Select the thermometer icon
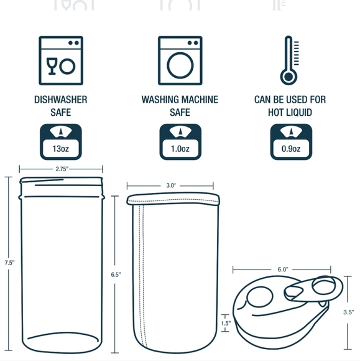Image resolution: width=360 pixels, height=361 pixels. pyautogui.click(x=288, y=60)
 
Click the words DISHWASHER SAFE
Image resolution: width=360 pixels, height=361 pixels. pyautogui.click(x=60, y=106)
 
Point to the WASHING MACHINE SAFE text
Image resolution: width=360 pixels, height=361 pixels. pyautogui.click(x=180, y=106)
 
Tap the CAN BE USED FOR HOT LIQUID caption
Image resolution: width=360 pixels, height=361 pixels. pyautogui.click(x=290, y=106)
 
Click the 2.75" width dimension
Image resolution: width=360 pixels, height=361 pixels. pyautogui.click(x=60, y=169)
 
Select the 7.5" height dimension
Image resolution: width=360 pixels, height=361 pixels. pyautogui.click(x=9, y=263)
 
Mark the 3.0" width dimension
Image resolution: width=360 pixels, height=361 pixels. pyautogui.click(x=171, y=185)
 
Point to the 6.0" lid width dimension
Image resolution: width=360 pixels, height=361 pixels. pyautogui.click(x=283, y=270)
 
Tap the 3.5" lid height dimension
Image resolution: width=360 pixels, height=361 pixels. pyautogui.click(x=348, y=312)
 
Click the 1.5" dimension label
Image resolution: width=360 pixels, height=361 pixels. pyautogui.click(x=225, y=324)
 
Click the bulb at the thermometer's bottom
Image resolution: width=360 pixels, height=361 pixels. pyautogui.click(x=287, y=78)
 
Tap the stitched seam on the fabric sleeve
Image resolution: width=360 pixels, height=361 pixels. pyautogui.click(x=142, y=274)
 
